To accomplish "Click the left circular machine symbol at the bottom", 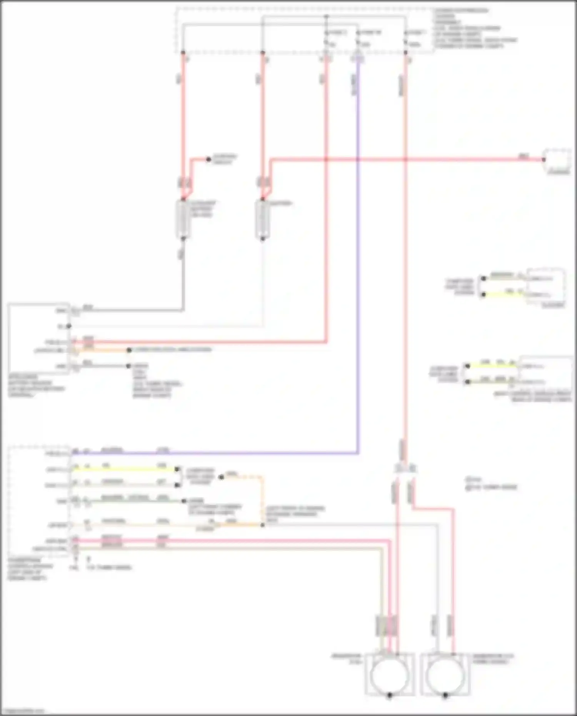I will pyautogui.click(x=390, y=674).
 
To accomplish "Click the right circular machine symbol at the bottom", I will pyautogui.click(x=445, y=674).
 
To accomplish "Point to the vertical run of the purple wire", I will pyautogui.click(x=358, y=269).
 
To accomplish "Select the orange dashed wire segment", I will pyautogui.click(x=262, y=496).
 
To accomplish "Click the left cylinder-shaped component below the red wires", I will pyautogui.click(x=183, y=219).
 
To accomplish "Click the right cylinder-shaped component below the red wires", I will pyautogui.click(x=263, y=219).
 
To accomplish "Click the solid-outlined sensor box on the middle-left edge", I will pyautogui.click(x=38, y=339).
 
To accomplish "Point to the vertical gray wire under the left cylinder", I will pyautogui.click(x=183, y=277).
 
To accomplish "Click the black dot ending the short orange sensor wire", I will pyautogui.click(x=129, y=350).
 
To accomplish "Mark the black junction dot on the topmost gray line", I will pyautogui.click(x=326, y=17).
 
